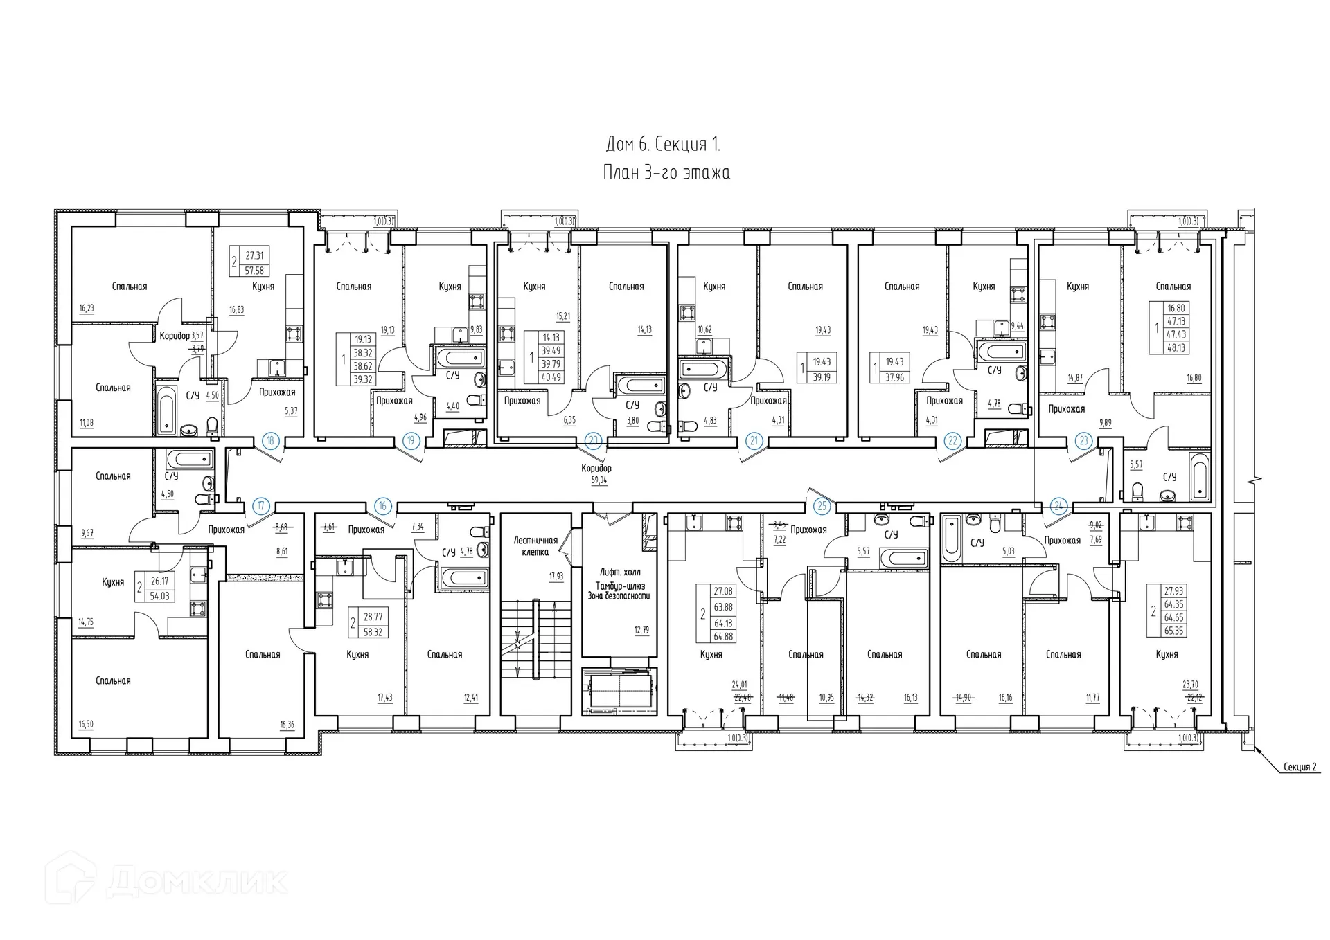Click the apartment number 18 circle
click(x=271, y=440)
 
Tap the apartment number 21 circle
click(x=754, y=440)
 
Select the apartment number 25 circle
click(x=822, y=506)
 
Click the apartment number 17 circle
click(x=260, y=506)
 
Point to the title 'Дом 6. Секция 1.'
click(x=663, y=144)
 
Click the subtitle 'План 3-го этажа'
click(x=666, y=172)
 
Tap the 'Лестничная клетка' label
click(x=535, y=546)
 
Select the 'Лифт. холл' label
click(x=620, y=572)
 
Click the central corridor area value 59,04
click(x=598, y=480)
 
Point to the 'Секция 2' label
click(x=1299, y=767)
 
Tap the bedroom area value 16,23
click(x=87, y=309)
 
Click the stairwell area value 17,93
click(x=556, y=576)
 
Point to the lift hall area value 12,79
click(x=641, y=630)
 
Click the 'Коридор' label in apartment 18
click(x=175, y=336)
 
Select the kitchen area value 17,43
click(x=384, y=697)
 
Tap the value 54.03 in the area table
click(x=159, y=596)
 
